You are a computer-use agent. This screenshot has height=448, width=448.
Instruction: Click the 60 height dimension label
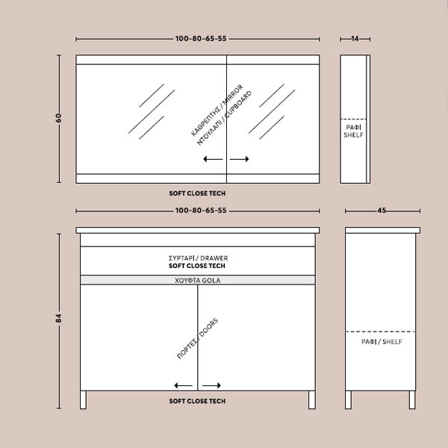click(x=58, y=118)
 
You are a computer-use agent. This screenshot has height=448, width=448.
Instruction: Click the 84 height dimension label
click(x=58, y=318)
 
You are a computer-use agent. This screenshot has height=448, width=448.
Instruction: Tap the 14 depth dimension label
click(x=355, y=38)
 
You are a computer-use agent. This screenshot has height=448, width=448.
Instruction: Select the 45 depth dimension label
click(x=382, y=211)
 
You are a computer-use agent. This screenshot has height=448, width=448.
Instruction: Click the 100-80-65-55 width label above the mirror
click(x=201, y=39)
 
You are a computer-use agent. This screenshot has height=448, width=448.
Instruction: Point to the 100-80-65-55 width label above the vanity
click(x=201, y=211)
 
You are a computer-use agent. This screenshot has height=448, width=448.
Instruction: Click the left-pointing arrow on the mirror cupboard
click(x=213, y=159)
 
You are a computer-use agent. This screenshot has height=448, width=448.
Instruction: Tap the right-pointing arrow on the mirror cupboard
click(x=240, y=159)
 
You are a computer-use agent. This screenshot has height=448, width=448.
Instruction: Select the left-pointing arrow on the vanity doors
click(x=184, y=386)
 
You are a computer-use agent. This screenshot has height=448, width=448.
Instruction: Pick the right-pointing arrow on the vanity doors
click(x=211, y=386)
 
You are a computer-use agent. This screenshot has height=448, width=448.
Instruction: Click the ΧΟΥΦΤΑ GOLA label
click(x=197, y=280)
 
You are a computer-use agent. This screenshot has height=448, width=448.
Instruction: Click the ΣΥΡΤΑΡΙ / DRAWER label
click(x=199, y=258)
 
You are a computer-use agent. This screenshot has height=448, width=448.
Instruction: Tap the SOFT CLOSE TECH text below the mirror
click(x=197, y=193)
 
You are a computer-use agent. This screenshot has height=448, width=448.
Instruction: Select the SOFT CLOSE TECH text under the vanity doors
click(x=197, y=401)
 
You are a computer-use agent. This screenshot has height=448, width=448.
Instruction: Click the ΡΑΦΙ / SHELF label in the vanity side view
click(x=382, y=342)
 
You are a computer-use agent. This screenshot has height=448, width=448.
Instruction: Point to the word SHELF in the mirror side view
click(x=353, y=135)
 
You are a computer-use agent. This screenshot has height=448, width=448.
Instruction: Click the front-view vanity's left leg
click(x=83, y=399)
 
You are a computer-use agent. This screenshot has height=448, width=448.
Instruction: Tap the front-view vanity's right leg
click(x=312, y=399)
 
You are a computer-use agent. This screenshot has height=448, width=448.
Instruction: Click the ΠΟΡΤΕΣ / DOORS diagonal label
click(x=198, y=338)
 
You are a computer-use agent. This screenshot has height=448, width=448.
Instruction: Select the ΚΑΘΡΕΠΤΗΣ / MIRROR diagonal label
click(x=217, y=111)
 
